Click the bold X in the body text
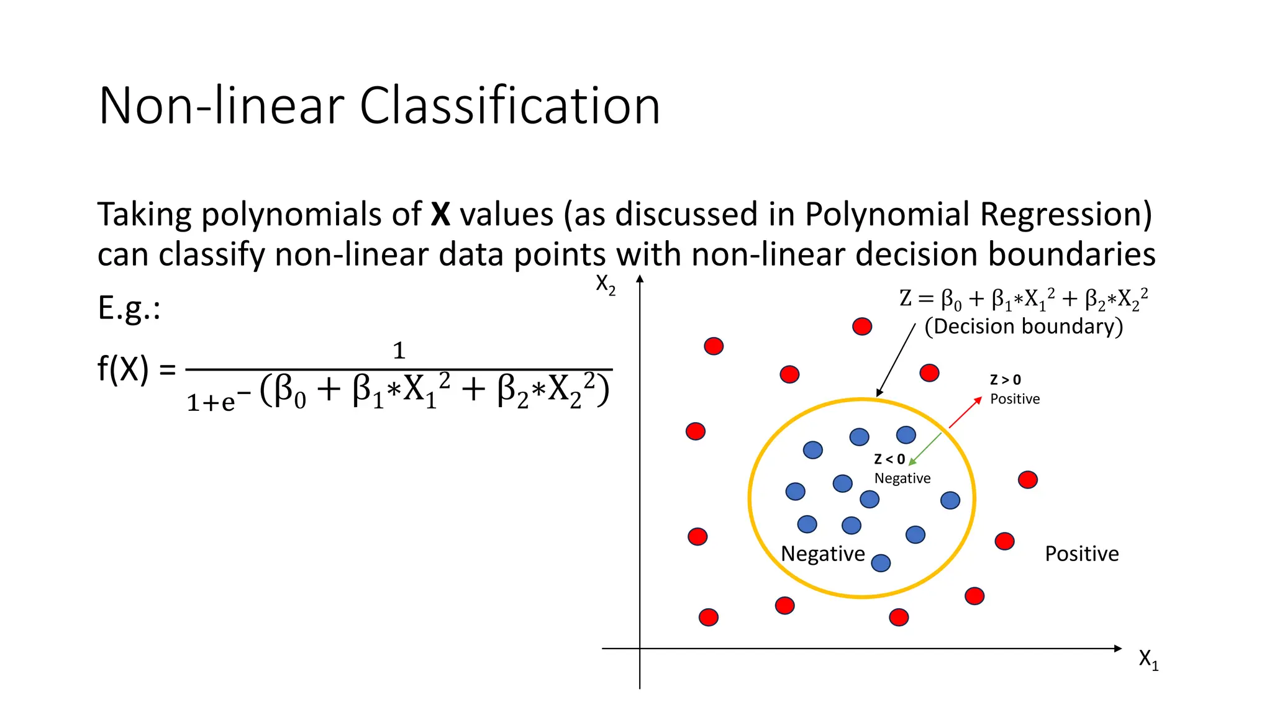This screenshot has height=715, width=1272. pos(440,214)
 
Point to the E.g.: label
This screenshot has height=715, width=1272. pos(129,308)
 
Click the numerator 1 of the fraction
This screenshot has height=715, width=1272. pos(399,351)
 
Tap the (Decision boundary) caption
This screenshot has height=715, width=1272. pos(1024,326)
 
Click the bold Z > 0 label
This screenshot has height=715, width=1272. pos(1005,380)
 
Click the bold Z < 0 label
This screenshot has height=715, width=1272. pos(889,459)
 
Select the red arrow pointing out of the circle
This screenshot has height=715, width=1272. pos(965,412)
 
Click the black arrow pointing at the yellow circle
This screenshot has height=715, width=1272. pos(896,360)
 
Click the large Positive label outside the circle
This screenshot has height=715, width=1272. pos(1081,554)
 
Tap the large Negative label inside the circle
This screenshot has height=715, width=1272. pos(822,554)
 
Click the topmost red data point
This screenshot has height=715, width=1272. pos(862,326)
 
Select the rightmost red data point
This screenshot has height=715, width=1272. pos(1028,479)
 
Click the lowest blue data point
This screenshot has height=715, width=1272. pos(881,563)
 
